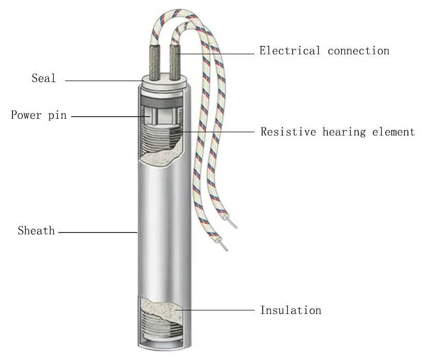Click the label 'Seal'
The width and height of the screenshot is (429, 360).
43,79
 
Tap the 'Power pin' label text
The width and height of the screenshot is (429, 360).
39,115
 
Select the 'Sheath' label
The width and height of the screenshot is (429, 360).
36,231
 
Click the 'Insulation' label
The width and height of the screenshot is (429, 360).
291,310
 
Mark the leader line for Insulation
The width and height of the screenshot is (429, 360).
217,310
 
